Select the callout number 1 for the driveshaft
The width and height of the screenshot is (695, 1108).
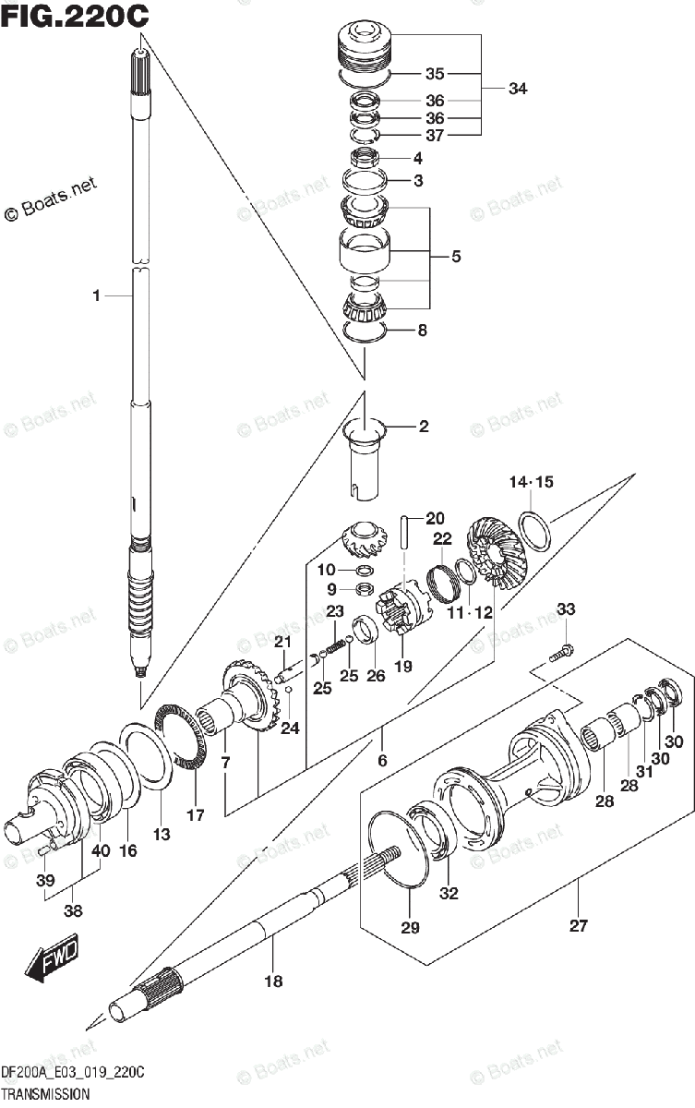(95, 295)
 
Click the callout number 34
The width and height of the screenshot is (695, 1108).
(518, 89)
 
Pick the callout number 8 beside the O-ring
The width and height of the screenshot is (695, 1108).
(422, 330)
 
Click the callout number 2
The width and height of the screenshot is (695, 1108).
(423, 427)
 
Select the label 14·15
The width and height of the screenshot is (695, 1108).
(531, 482)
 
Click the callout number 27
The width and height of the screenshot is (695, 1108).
(578, 926)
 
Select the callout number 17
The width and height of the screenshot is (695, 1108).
(195, 814)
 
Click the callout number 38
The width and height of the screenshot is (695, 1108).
(73, 912)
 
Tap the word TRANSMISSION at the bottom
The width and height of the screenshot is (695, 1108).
(45, 1094)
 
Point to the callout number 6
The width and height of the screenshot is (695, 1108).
(381, 760)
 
